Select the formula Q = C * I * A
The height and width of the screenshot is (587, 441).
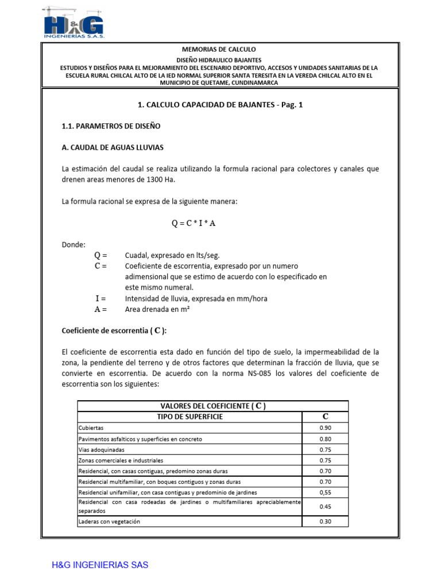(x=194, y=224)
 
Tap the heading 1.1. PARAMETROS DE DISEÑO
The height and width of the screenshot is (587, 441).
(x=111, y=126)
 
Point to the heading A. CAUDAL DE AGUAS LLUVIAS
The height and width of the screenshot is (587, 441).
(x=113, y=148)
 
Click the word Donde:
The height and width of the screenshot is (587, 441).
(x=73, y=245)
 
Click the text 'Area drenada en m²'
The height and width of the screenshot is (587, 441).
(x=157, y=310)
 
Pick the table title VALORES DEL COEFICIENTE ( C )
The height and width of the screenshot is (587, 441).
(x=212, y=406)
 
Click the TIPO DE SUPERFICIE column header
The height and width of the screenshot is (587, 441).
(x=189, y=417)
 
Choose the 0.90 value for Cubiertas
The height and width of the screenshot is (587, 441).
(x=325, y=428)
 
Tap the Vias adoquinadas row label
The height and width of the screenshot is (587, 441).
(x=101, y=450)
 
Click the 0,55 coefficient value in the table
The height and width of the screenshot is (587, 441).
(x=325, y=492)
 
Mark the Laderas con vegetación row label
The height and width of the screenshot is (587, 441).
(x=109, y=522)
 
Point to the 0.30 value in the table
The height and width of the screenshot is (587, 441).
(x=325, y=522)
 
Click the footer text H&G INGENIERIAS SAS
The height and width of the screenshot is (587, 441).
(x=100, y=565)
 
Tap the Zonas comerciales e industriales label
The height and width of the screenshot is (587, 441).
(x=121, y=460)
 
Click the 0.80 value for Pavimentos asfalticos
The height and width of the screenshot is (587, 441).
(x=325, y=439)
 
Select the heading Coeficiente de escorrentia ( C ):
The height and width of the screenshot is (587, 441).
(x=114, y=331)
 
